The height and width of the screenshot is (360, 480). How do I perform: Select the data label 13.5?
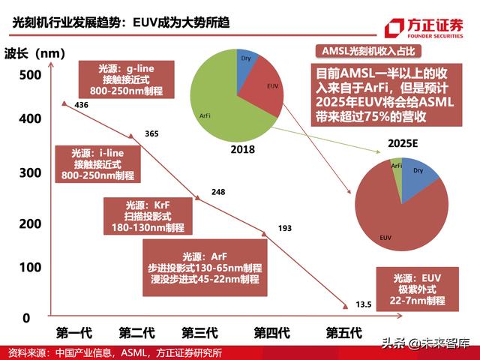(x=364, y=304)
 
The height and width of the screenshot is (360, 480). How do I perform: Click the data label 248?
(x=218, y=192)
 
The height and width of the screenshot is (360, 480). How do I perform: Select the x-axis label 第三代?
(x=199, y=331)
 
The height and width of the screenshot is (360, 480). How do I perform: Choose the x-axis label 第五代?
(x=344, y=331)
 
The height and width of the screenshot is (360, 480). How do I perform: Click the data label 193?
(x=285, y=227)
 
